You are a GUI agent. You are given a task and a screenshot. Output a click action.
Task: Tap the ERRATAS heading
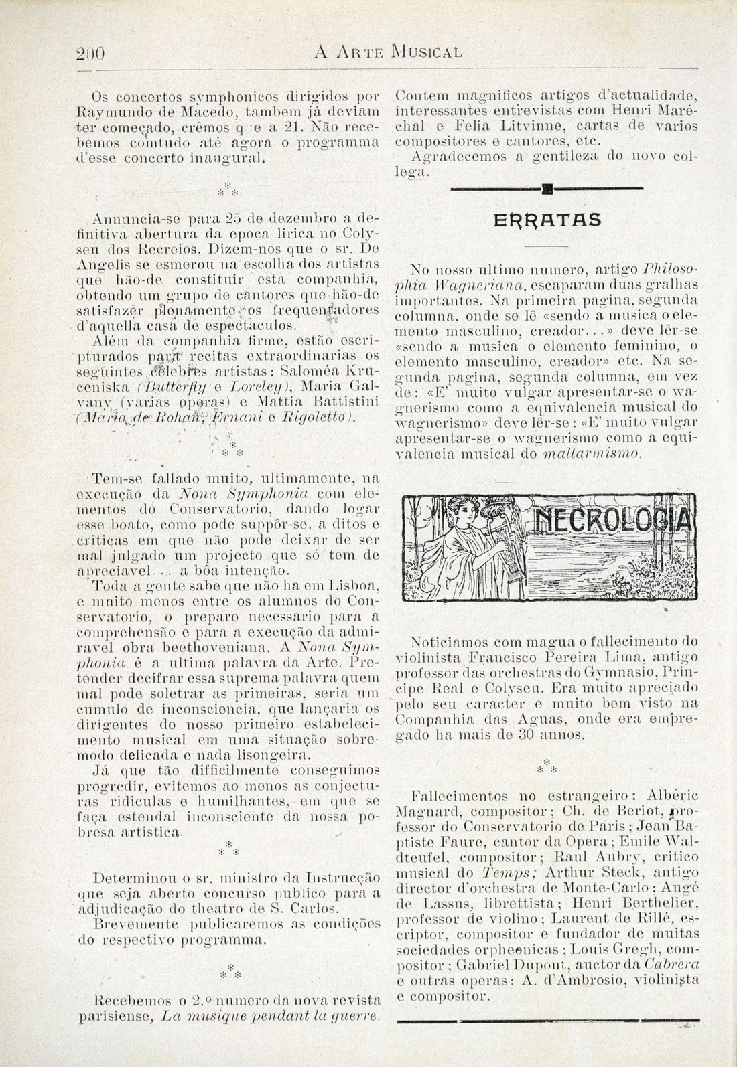pos(547,220)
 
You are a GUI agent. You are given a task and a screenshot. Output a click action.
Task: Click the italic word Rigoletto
pos(331,418)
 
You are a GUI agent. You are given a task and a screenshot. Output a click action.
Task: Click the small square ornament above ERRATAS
pos(547,189)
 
